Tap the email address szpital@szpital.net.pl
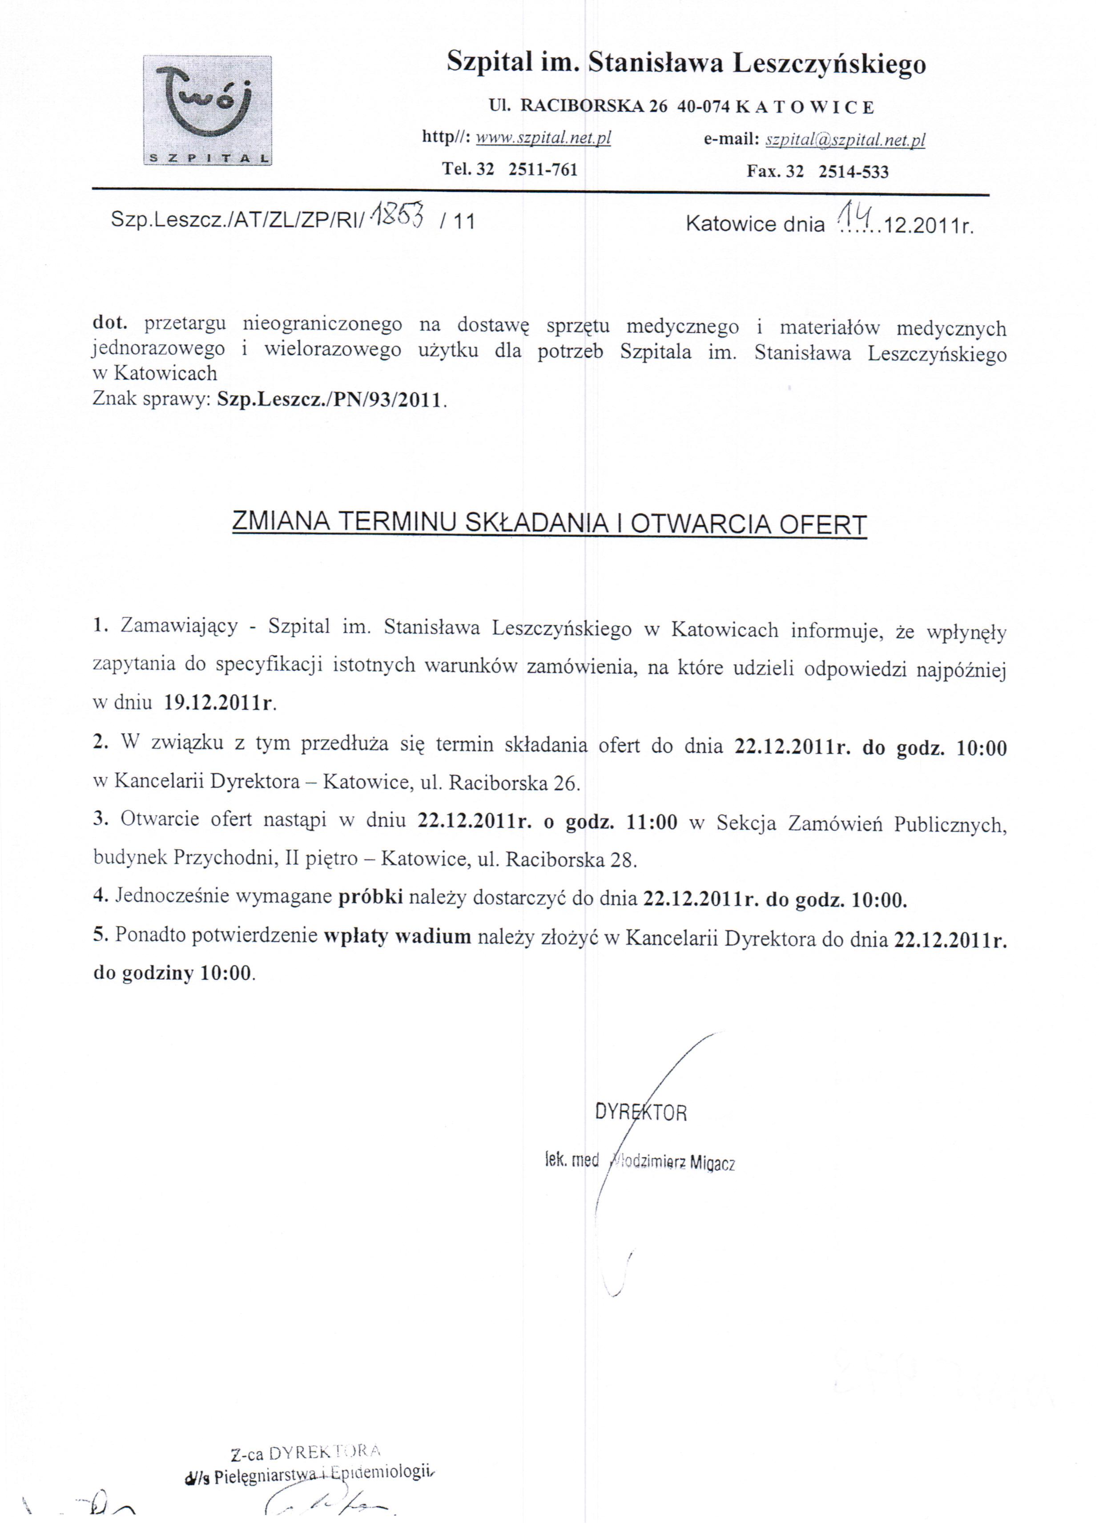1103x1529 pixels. click(845, 140)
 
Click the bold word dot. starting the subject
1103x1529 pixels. click(109, 323)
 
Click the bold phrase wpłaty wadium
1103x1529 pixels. click(397, 936)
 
